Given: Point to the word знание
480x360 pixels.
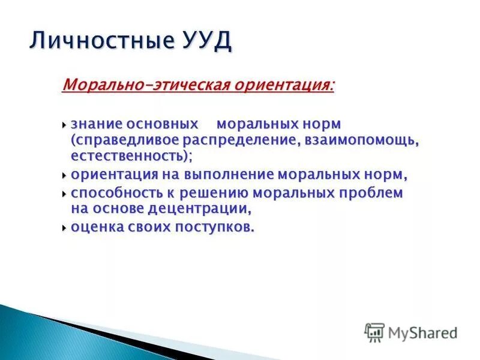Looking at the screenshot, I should click(x=97, y=124).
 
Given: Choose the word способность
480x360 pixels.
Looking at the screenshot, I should click(x=113, y=193).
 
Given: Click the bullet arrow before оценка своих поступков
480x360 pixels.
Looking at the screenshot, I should click(x=65, y=228).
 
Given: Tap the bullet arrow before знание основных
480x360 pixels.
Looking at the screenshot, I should click(x=65, y=124).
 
